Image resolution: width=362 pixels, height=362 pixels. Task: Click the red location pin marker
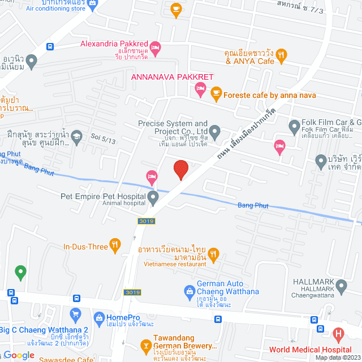[x=180, y=169]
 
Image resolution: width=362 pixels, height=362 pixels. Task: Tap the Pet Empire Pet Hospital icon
[x=153, y=198]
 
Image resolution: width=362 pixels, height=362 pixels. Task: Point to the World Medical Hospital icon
[x=339, y=334]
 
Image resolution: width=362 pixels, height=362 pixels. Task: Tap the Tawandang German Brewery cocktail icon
[x=145, y=344]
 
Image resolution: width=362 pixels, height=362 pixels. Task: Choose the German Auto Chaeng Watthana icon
[x=190, y=291]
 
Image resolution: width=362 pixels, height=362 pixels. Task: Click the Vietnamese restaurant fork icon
[x=213, y=255]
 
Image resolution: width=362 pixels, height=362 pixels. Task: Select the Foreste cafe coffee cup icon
[x=216, y=92]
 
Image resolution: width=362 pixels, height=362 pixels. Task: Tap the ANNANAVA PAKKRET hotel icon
[x=200, y=88]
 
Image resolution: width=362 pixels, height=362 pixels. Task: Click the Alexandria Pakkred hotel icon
[x=156, y=48]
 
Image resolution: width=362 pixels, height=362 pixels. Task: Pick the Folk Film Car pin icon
[x=294, y=126]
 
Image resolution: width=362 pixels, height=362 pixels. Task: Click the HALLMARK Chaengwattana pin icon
[x=341, y=286]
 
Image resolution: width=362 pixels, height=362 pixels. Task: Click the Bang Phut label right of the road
[x=253, y=205]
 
